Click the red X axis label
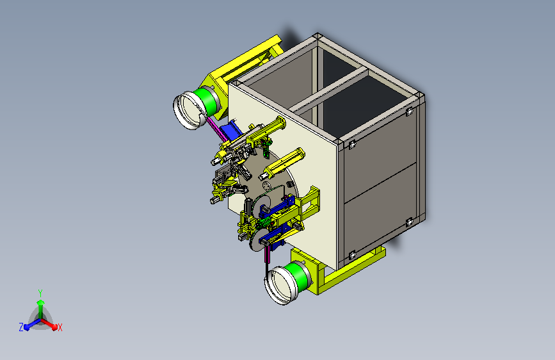point(60,328)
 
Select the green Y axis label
point(40,293)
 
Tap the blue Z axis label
point(21,327)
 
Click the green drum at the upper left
point(206,102)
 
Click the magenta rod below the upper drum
point(217,129)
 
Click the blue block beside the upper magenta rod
point(230,131)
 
